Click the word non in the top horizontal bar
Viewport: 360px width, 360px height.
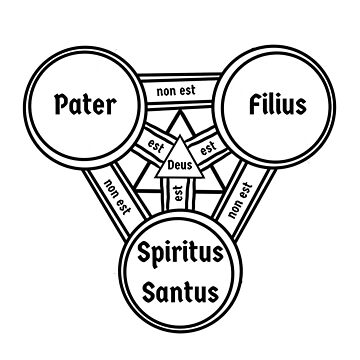[x=166, y=93]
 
